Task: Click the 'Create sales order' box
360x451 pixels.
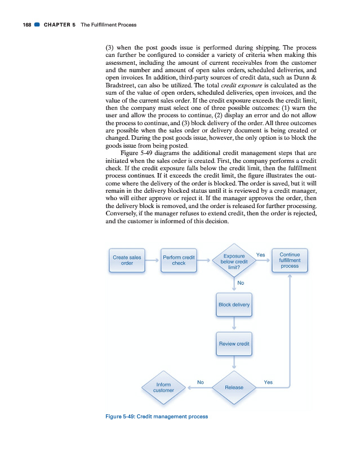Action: click(x=127, y=260)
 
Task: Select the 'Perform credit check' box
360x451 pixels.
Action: click(x=179, y=260)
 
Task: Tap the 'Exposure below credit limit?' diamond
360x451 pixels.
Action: click(x=234, y=262)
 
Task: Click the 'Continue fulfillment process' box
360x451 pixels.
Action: click(x=290, y=260)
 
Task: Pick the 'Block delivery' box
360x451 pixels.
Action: click(x=234, y=304)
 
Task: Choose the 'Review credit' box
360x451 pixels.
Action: click(x=234, y=343)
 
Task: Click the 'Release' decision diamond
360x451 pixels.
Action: click(x=234, y=387)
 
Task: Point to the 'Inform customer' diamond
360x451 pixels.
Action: click(x=163, y=387)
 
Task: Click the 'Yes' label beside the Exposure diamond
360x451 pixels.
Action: click(x=260, y=255)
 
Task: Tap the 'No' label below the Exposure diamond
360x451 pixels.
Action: click(x=241, y=282)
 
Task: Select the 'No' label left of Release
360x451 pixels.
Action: click(x=200, y=382)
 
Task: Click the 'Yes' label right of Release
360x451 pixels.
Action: click(x=268, y=382)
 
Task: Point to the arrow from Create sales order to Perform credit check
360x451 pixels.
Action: click(x=152, y=260)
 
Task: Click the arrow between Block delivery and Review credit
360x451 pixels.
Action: click(x=234, y=324)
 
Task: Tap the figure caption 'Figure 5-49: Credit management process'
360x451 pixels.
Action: click(x=157, y=417)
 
